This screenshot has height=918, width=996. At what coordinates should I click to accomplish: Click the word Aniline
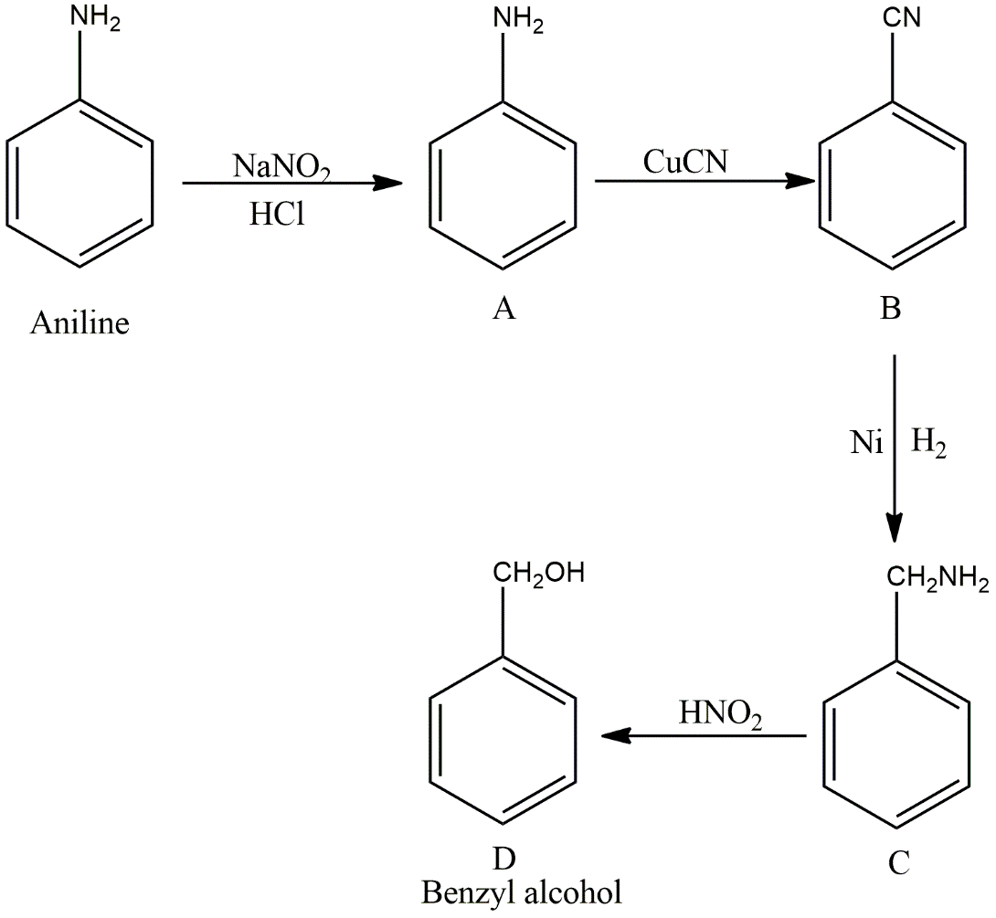pos(79,323)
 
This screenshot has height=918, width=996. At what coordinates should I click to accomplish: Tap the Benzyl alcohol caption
pos(522,891)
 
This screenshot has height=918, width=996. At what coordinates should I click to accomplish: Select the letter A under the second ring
pos(503,311)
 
